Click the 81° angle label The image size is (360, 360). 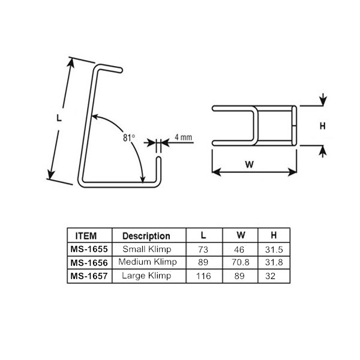click(128, 137)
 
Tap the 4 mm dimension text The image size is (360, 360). click(184, 137)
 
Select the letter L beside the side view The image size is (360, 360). click(59, 118)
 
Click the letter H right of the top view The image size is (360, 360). click(322, 126)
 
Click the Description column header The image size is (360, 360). click(146, 236)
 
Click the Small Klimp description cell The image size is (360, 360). click(146, 248)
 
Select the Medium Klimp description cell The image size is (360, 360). click(146, 262)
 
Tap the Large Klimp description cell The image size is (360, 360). click(146, 275)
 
